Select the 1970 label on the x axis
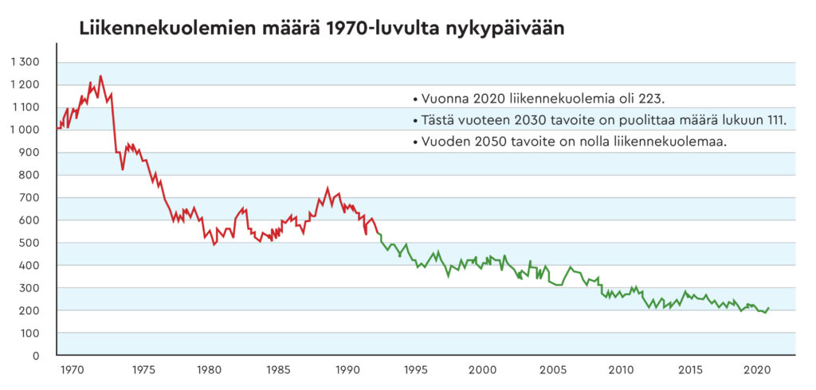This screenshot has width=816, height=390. click(72, 370)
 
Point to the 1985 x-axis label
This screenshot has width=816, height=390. click(277, 370)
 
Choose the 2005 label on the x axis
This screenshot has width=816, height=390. click(552, 370)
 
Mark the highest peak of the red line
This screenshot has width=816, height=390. click(100, 76)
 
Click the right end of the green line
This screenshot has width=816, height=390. click(768, 308)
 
